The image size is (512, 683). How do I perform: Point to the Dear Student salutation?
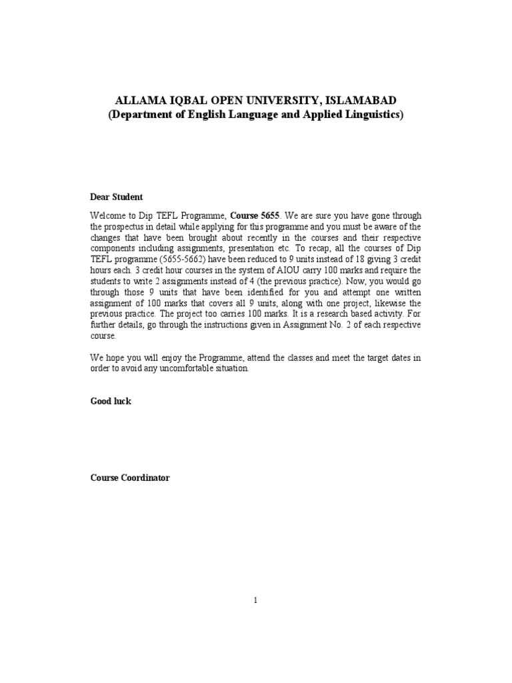coord(116,197)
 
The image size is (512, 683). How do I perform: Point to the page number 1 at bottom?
coord(255,600)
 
